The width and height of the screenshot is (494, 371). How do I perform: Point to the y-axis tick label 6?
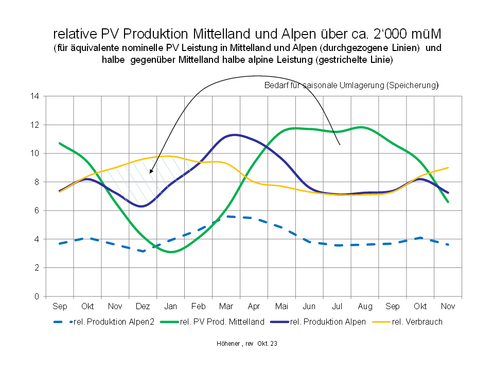pos(37,210)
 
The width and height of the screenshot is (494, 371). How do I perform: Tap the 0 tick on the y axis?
pos(37,296)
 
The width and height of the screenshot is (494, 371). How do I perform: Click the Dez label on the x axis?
pos(143,307)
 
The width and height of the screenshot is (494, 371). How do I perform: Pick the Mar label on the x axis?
pos(226,307)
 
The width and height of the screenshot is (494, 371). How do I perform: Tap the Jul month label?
pos(337,307)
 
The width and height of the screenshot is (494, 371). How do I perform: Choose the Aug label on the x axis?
pos(365,307)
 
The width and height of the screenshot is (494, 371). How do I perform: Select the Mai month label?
pos(281,307)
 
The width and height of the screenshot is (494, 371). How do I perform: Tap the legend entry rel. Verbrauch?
pos(417,322)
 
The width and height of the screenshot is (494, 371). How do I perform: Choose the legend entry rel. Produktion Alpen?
pos(328,322)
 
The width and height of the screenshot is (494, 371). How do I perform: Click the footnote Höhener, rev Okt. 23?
pos(246,343)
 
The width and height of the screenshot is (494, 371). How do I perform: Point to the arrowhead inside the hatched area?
pos(151,172)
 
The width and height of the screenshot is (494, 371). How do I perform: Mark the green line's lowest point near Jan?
pos(171,252)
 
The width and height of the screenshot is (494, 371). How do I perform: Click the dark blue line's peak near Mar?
pos(234,135)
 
